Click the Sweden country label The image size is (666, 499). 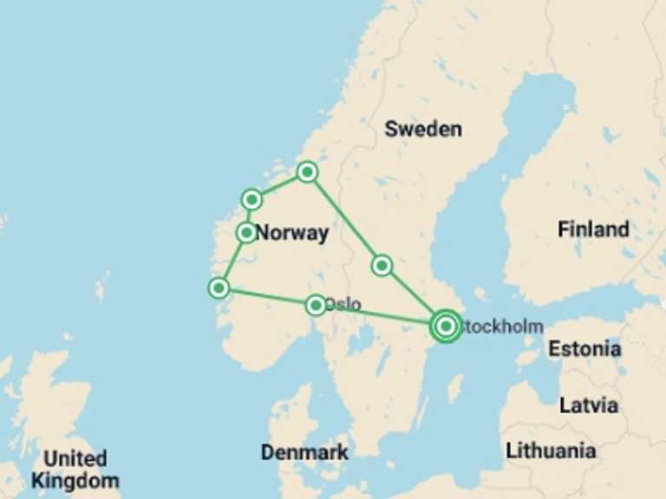423,129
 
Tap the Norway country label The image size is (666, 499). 292,233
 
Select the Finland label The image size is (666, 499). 593,230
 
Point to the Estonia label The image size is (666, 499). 584,349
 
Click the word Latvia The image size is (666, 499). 589,405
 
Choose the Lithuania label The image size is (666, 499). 551,450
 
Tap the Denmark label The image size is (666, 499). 304,452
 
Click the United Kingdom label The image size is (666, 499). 75,469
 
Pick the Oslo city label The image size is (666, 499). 343,305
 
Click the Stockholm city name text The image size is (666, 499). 504,327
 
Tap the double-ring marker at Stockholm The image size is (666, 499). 446,327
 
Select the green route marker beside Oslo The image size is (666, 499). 316,305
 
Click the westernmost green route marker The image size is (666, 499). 219,288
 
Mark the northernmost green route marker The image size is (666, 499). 307,172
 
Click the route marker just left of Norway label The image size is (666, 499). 246,232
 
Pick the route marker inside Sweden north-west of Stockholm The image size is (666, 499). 382,265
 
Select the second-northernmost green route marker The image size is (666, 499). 251,200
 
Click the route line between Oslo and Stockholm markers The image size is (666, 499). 382,316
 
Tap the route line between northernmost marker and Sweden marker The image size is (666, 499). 344,218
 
